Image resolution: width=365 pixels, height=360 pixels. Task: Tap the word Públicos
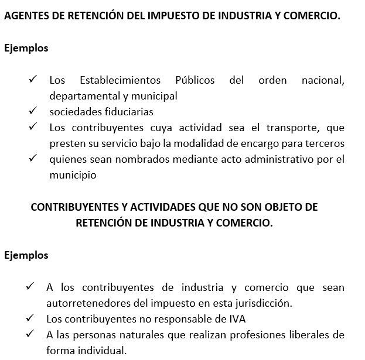(195, 80)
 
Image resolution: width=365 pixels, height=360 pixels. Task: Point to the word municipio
(73, 174)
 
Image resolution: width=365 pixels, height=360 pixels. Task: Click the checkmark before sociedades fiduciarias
(33, 111)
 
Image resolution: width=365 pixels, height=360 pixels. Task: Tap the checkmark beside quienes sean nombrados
(33, 158)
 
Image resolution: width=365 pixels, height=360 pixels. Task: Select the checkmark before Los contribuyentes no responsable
(30, 318)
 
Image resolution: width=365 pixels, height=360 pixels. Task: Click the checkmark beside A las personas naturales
(30, 334)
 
